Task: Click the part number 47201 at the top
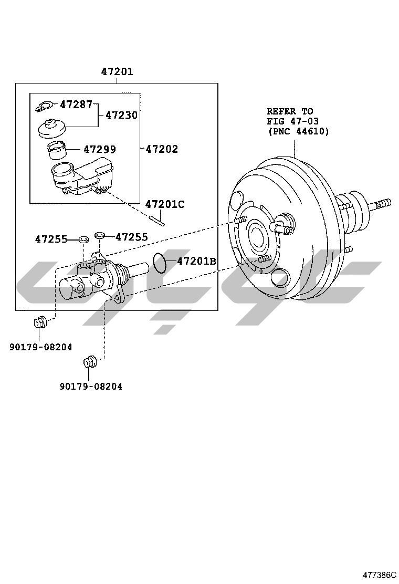pyautogui.click(x=117, y=71)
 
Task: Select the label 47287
pyautogui.click(x=76, y=105)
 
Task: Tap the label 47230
pyautogui.click(x=121, y=115)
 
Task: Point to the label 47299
pyautogui.click(x=99, y=150)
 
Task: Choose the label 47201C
pyautogui.click(x=165, y=204)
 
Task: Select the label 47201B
pyautogui.click(x=196, y=261)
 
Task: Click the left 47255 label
pyautogui.click(x=51, y=239)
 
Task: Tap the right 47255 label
pyautogui.click(x=131, y=237)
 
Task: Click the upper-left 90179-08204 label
pyautogui.click(x=40, y=347)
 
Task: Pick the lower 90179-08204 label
pyautogui.click(x=90, y=387)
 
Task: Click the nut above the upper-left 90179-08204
pyautogui.click(x=40, y=321)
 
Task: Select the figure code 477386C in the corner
pyautogui.click(x=379, y=576)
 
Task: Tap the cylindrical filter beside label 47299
pyautogui.click(x=56, y=151)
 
